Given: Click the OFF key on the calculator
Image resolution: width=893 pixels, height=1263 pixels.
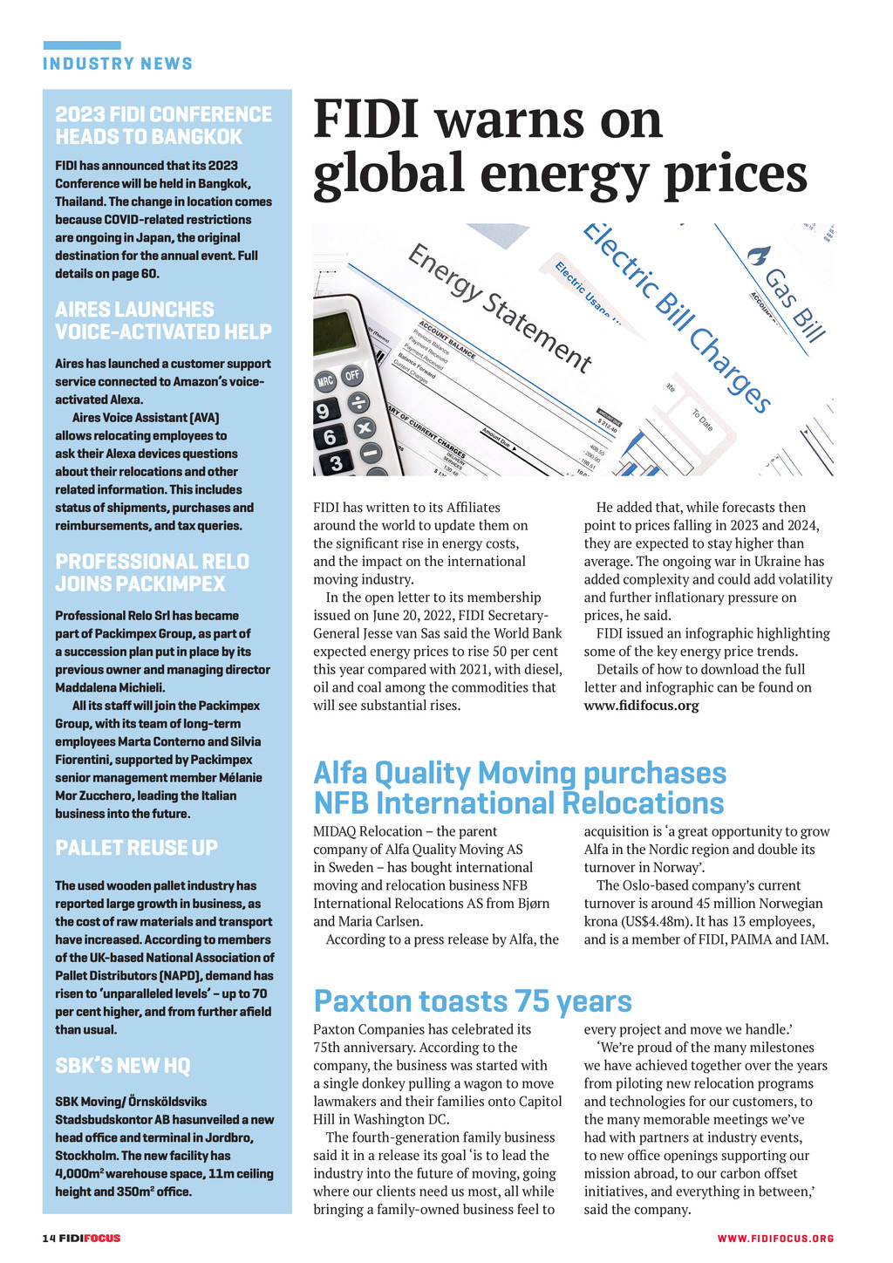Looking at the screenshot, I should pos(351,376).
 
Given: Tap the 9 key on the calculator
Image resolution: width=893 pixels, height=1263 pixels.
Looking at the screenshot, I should pos(323,410).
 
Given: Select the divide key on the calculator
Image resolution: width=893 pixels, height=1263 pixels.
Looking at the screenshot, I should pos(358,403).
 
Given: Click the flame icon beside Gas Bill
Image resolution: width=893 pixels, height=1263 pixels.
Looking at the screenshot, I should pos(758,256).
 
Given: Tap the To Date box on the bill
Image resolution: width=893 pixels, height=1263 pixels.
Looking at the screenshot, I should pos(703,421).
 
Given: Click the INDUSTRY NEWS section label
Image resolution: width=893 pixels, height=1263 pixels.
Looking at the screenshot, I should pos(118,64).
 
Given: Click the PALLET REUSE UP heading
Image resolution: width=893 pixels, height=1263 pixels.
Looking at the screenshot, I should pos(137,848).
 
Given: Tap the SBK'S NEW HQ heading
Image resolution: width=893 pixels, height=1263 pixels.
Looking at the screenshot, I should pos(123,1066).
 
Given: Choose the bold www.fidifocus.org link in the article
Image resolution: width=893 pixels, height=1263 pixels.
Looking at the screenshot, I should pos(641,706).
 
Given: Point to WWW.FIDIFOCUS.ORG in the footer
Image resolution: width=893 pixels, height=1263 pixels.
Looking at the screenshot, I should pos(775,1239).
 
